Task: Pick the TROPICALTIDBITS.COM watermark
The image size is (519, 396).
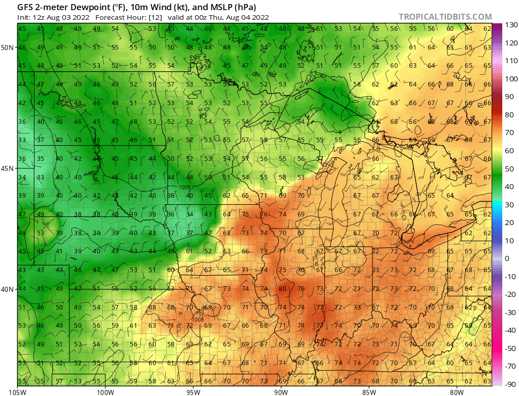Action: click(x=445, y=17)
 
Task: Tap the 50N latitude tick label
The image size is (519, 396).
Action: click(x=8, y=48)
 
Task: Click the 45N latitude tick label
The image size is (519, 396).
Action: click(x=8, y=168)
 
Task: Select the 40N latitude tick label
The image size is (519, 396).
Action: click(x=8, y=289)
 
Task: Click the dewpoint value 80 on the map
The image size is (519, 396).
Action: click(x=282, y=289)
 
